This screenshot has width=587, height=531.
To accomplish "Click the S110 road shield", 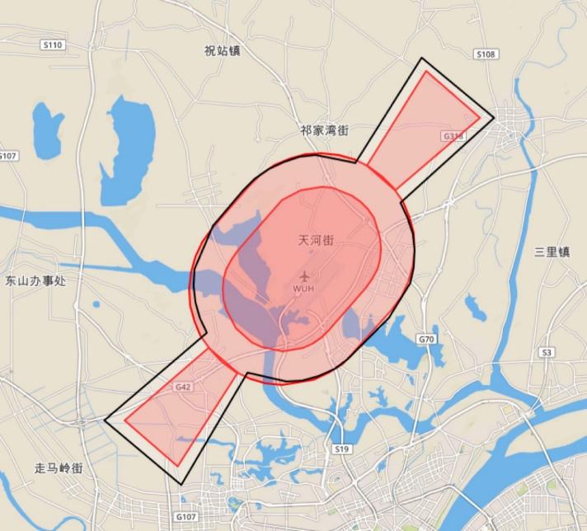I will [x=52, y=45].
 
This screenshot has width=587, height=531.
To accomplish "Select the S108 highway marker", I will [x=486, y=54].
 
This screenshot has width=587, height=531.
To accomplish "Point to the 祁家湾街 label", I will [x=324, y=130].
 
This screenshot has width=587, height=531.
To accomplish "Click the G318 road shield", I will [x=453, y=135].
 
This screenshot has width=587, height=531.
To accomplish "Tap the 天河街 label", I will [x=316, y=241].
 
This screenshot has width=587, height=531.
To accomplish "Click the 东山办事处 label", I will [x=35, y=280].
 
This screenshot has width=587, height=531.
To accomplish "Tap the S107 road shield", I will [x=8, y=156].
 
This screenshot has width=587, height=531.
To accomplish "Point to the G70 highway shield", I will [x=426, y=339].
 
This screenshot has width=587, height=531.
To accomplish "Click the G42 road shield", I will [x=183, y=386].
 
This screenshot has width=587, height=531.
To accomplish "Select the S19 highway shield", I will [x=342, y=449].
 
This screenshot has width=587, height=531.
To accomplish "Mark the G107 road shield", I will [x=187, y=516].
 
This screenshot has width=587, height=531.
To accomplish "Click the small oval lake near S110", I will [x=48, y=129].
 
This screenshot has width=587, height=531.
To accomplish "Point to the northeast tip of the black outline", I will [x=422, y=59].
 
